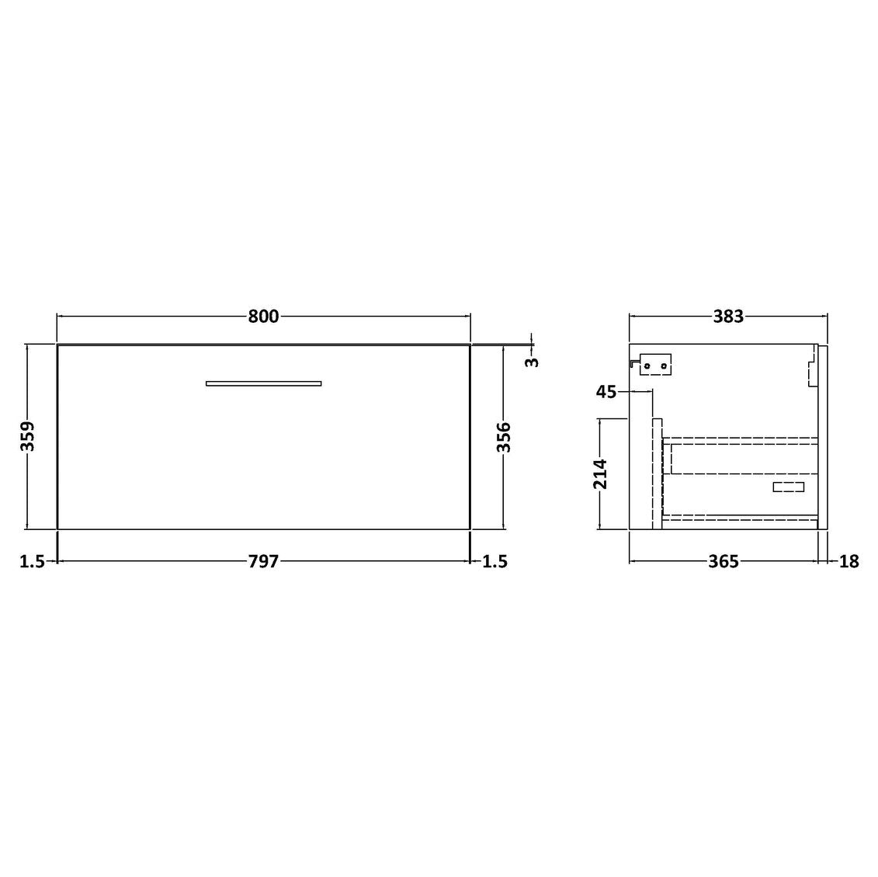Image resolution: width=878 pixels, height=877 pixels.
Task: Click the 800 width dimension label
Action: tap(263, 317)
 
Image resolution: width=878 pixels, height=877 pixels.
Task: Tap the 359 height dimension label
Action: tap(27, 437)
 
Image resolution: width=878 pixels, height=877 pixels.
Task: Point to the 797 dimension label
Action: tap(263, 562)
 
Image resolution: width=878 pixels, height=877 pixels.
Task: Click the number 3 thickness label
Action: tap(532, 362)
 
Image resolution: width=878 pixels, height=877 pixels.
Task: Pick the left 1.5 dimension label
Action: tap(32, 562)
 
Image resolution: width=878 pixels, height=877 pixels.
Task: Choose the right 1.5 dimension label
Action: tap(495, 562)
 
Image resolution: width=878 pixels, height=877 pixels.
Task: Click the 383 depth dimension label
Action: tap(728, 317)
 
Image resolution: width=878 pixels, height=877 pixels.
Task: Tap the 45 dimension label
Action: tap(606, 392)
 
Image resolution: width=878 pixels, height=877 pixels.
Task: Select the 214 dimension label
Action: tap(600, 474)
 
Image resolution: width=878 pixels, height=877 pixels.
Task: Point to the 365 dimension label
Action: tap(723, 562)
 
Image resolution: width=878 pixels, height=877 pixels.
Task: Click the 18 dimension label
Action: tap(849, 562)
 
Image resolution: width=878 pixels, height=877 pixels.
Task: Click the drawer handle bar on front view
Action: tap(263, 383)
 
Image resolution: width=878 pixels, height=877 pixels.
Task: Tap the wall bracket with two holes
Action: tap(654, 365)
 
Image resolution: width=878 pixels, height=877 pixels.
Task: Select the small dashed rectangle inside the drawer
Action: tap(789, 487)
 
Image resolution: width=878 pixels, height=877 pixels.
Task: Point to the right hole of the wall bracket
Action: tap(663, 366)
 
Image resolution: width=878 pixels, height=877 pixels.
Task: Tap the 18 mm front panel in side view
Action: tap(823, 439)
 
